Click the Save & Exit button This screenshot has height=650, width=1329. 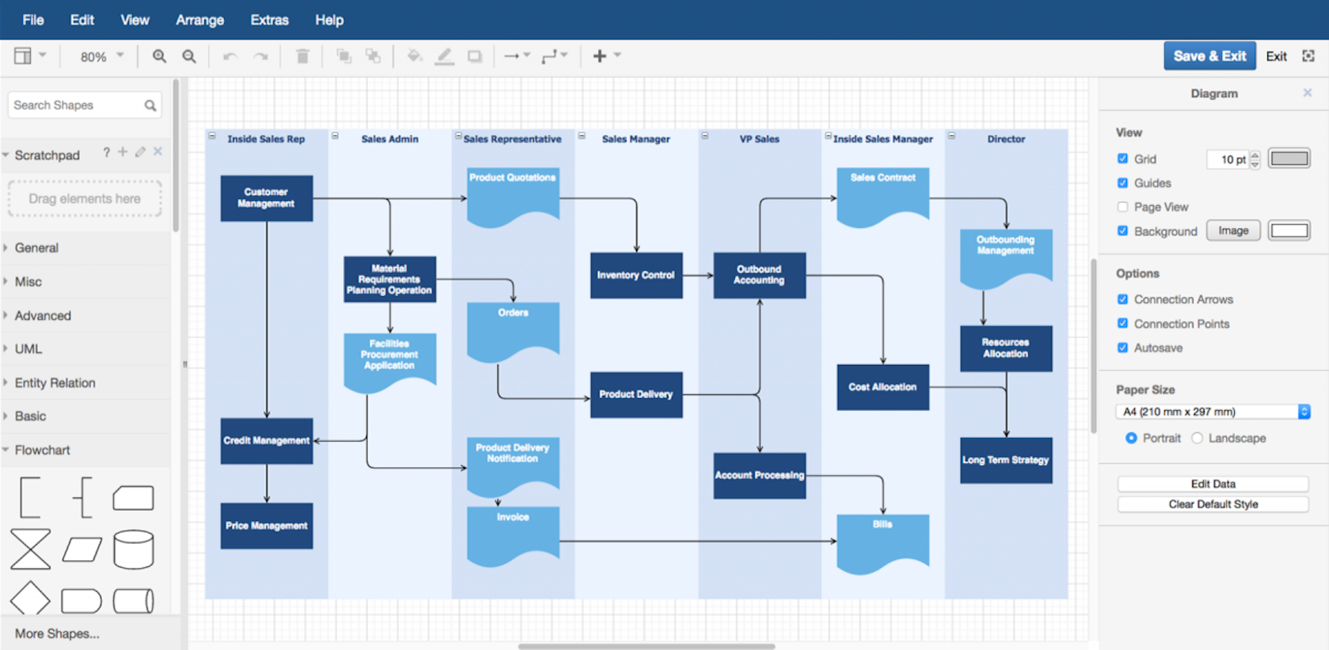coord(1209,56)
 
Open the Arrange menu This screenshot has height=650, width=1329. coord(200,20)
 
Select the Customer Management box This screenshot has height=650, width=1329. coord(266,198)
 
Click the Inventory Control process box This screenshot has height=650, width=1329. coord(636,276)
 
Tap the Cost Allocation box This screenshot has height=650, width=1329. coord(882,387)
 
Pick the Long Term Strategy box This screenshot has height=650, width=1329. coord(1006,460)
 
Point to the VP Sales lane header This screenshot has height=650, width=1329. coord(759,139)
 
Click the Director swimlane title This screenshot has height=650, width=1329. coord(1006,139)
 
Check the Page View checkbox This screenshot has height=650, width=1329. coord(1122,207)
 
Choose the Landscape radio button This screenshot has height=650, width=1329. coord(1198,439)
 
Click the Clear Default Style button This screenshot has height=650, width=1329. coord(1213,504)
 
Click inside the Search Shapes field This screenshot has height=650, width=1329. coord(75,105)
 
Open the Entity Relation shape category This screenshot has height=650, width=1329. coord(55,383)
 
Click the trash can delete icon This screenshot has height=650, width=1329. coord(303,56)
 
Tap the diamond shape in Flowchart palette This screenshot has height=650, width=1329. coord(30,599)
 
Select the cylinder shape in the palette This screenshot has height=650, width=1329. coord(133,549)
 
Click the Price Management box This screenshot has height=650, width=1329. coord(266,526)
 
